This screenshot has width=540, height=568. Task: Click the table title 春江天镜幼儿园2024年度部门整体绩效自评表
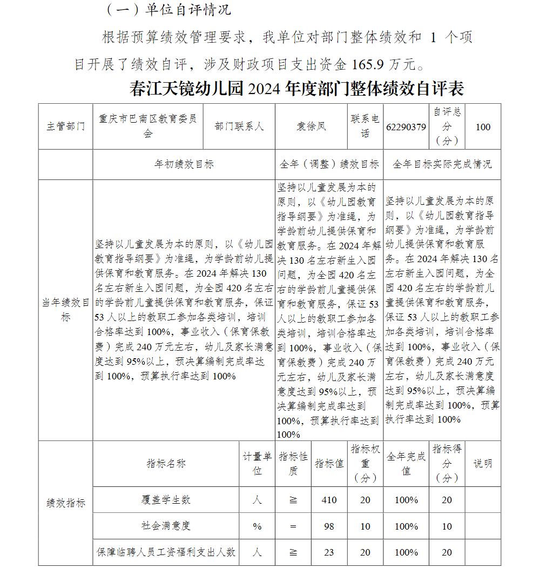(296, 88)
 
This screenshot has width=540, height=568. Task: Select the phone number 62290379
(406, 127)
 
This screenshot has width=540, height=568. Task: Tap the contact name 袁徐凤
(311, 126)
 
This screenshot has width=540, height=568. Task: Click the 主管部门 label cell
(65, 126)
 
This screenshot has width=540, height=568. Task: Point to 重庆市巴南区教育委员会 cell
(147, 126)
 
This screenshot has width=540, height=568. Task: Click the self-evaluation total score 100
(483, 127)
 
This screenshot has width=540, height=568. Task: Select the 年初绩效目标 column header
(184, 164)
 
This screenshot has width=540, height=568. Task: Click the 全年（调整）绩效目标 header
(329, 164)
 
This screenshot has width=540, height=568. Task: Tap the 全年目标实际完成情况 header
(442, 164)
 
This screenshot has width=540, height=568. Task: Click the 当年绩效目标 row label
(65, 310)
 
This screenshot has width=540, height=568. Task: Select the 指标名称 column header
(166, 464)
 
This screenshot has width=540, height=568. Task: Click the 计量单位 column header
(257, 464)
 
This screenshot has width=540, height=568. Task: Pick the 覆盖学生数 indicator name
(166, 500)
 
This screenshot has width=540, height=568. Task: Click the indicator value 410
(329, 500)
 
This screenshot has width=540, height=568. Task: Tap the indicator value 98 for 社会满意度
(329, 526)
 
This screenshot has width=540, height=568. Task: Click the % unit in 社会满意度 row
(257, 526)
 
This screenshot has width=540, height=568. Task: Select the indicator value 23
(329, 552)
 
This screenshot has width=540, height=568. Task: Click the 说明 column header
(483, 464)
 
